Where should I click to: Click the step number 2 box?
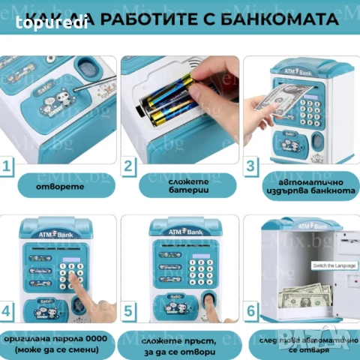click(130, 166)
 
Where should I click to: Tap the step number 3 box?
click(253, 166)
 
